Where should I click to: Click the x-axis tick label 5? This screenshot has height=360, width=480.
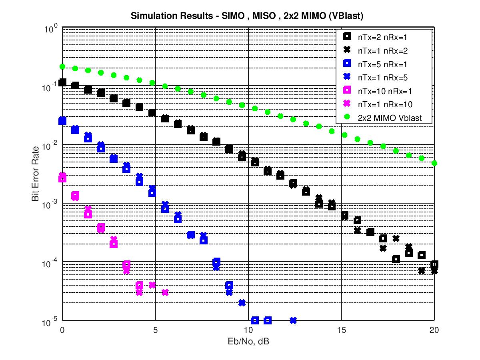coord(155,330)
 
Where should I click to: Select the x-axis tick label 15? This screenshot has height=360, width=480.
coord(341,330)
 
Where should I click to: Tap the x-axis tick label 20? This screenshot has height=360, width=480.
coord(434,330)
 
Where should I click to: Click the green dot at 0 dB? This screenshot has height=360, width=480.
coord(62,66)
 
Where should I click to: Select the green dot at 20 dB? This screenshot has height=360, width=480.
coord(434,163)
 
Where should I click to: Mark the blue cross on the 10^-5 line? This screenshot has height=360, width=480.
coord(293,320)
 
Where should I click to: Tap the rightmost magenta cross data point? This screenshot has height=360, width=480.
coord(165,292)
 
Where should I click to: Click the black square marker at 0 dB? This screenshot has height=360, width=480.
coord(62,82)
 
